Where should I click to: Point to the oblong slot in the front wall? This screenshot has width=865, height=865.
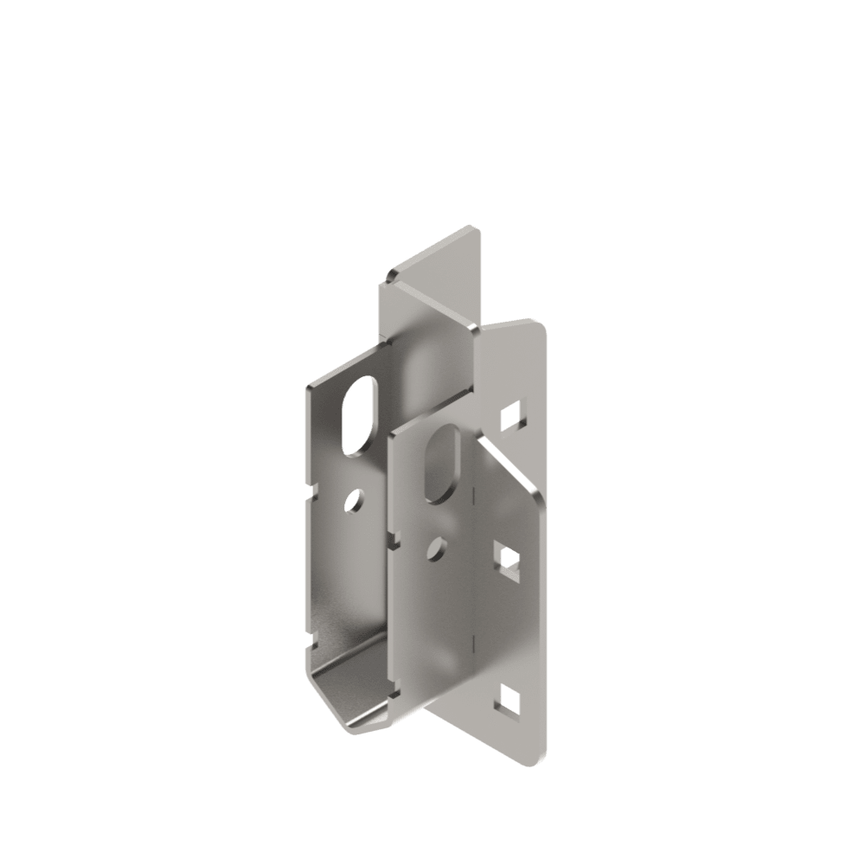pyautogui.click(x=443, y=464)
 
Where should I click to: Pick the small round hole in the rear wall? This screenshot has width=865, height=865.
pyautogui.click(x=354, y=499)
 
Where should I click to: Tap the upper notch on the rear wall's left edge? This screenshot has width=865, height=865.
pyautogui.click(x=311, y=494)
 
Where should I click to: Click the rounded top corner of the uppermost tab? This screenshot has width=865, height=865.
pyautogui.click(x=471, y=229)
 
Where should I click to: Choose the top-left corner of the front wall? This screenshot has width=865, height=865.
pyautogui.click(x=392, y=438)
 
